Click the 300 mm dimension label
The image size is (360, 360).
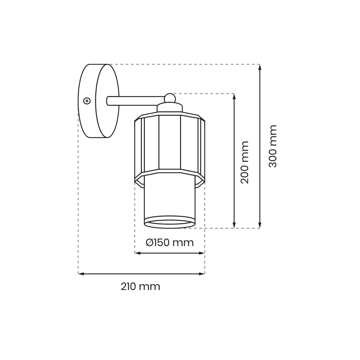point(272,146)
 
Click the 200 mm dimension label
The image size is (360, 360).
point(245,162)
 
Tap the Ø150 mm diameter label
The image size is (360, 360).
point(170,243)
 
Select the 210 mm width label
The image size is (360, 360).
point(141,287)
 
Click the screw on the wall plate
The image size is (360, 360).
point(87,100)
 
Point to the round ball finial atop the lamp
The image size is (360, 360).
point(169,98)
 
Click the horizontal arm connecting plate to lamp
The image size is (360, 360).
point(135,100)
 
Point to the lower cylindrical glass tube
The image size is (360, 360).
point(169,199)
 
